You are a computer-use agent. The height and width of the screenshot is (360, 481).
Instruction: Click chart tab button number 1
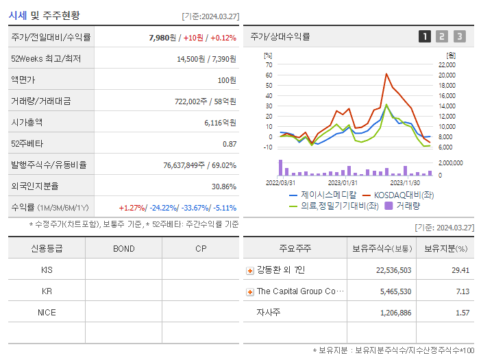pos(425,37)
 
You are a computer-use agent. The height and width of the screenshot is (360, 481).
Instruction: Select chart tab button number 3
pos(459,37)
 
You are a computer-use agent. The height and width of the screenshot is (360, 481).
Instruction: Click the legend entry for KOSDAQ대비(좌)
pos(402,195)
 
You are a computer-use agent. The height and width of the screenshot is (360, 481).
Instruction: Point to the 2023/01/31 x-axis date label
pos(342,182)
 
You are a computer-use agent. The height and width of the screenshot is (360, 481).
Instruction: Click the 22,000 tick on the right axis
pos(447,64)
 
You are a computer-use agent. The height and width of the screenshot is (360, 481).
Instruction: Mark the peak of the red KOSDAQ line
pos(386,74)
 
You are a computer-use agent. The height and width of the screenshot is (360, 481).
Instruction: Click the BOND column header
pos(123,248)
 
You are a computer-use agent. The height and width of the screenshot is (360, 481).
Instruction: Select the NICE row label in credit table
pos(47,312)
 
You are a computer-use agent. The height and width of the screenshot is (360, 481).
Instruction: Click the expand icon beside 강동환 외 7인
pos(250,271)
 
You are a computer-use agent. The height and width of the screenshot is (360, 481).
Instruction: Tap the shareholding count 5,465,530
pos(394,291)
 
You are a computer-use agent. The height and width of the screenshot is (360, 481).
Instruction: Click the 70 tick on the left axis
pos(269,64)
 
